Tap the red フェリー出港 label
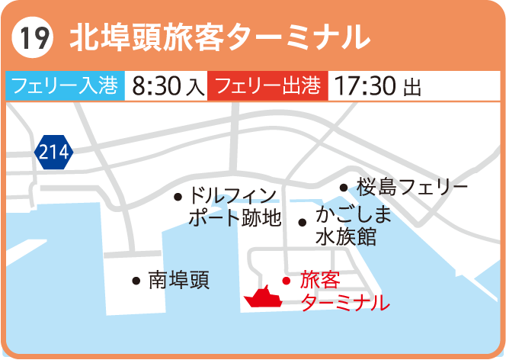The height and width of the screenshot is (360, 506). (267, 85)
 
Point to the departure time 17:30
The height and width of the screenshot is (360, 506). (366, 85)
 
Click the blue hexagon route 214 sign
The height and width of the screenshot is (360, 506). (53, 153)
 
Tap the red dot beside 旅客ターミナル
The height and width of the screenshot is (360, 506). (287, 280)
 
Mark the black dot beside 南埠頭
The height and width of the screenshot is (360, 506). (136, 281)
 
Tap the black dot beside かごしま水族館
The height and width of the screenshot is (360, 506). (303, 223)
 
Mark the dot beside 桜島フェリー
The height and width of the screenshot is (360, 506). (343, 187)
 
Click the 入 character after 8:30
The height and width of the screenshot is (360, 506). (196, 87)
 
